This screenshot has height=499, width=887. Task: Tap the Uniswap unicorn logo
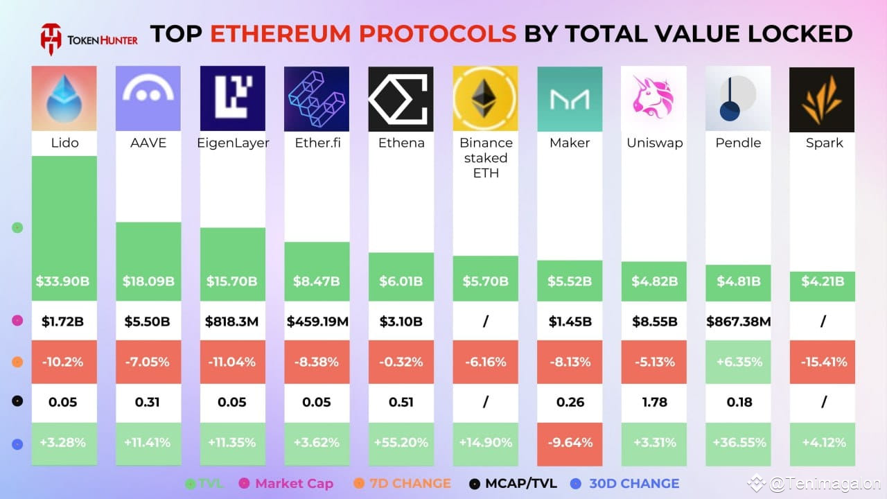click(x=653, y=98)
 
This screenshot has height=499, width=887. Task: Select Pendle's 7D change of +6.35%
click(x=738, y=362)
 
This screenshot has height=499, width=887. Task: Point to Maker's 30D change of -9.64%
click(x=570, y=442)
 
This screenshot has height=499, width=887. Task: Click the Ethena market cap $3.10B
click(x=401, y=322)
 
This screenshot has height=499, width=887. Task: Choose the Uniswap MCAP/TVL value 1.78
click(x=653, y=402)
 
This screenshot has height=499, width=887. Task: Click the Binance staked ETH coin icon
click(x=485, y=98)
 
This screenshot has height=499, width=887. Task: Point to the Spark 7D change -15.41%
click(x=823, y=362)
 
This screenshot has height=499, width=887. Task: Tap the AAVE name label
click(x=148, y=143)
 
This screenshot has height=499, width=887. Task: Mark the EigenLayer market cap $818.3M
click(x=232, y=322)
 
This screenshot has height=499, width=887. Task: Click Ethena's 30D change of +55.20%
click(x=401, y=442)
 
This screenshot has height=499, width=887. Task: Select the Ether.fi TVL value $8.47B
click(x=317, y=282)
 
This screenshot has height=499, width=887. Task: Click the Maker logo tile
click(x=570, y=98)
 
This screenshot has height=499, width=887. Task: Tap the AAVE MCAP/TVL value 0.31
click(x=148, y=402)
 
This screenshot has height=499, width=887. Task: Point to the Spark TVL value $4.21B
click(x=823, y=282)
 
